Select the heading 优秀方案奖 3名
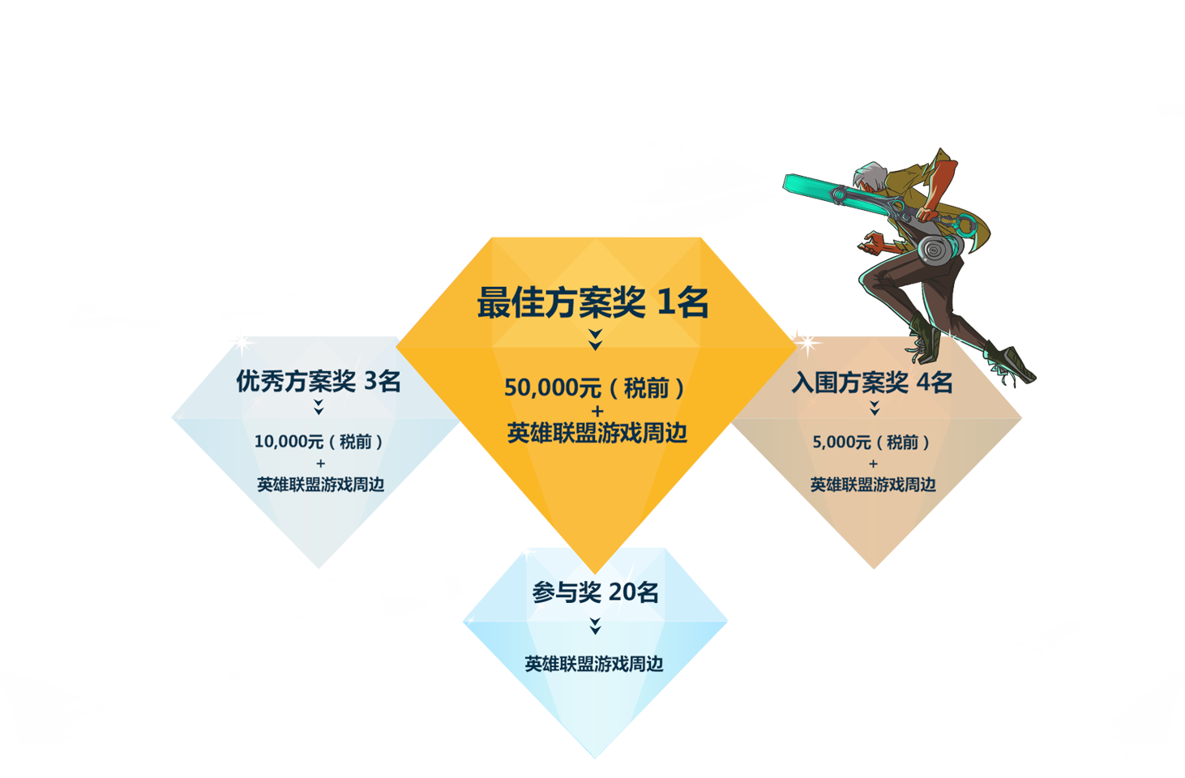(x=318, y=381)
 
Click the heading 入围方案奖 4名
(x=872, y=382)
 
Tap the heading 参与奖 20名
(x=595, y=592)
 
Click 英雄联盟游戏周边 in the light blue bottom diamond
(x=594, y=664)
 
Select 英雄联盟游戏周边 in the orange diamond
(x=597, y=433)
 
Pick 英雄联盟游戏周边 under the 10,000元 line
(x=321, y=485)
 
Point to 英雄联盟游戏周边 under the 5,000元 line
(x=873, y=485)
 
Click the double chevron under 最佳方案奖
(x=596, y=340)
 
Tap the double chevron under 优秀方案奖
(x=319, y=407)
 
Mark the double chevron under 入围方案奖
(x=875, y=408)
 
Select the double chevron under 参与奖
(x=595, y=626)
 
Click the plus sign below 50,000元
(x=597, y=411)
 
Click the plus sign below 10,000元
(x=321, y=464)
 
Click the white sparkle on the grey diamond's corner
(x=243, y=344)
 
